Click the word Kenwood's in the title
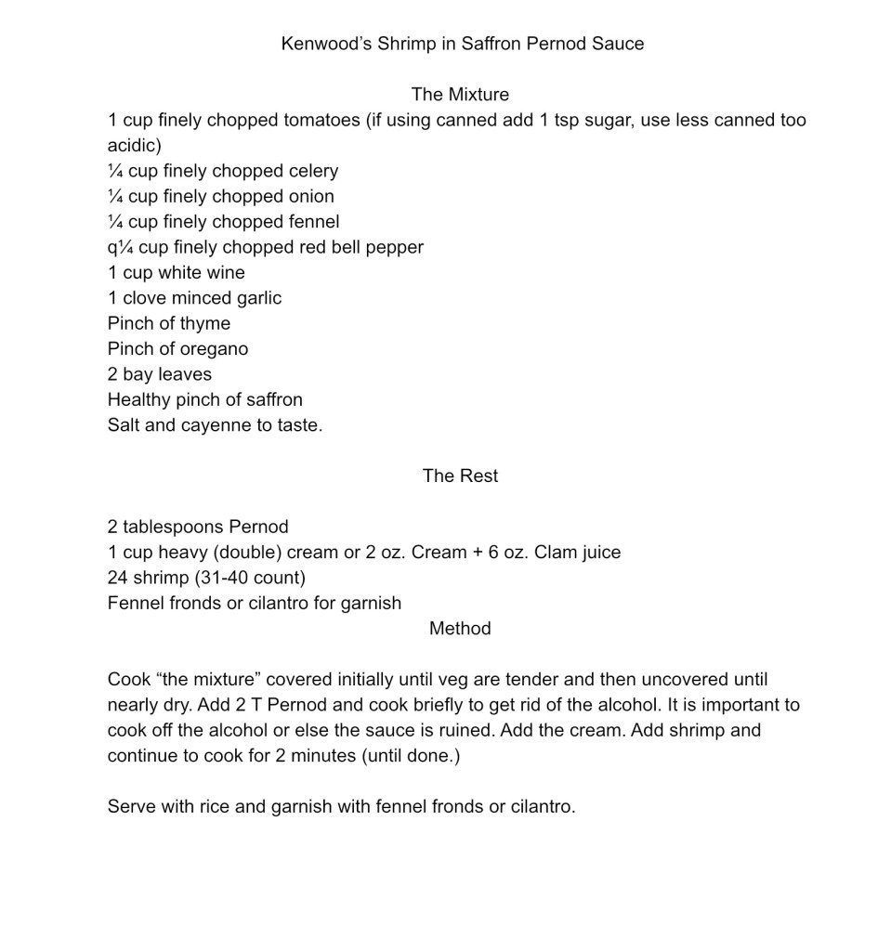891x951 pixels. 326,44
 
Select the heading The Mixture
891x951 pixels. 460,94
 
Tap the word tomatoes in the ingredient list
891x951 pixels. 321,120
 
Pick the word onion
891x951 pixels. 310,196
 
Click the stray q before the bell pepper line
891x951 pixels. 112,248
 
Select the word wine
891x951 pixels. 227,272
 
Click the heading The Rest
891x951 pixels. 460,475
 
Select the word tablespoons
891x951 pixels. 171,527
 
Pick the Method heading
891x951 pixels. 460,628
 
